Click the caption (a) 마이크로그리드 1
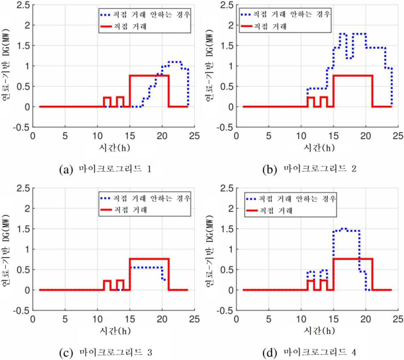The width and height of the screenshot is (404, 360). [x=105, y=169]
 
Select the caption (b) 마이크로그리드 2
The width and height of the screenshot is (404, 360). [x=309, y=169]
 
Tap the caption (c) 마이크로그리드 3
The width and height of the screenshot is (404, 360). [x=105, y=352]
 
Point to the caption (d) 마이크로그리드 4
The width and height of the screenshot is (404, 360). [x=309, y=352]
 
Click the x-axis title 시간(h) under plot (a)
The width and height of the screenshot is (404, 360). [x=115, y=148]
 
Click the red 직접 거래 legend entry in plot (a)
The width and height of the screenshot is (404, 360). [x=123, y=26]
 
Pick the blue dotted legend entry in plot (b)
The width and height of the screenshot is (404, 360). [x=285, y=14]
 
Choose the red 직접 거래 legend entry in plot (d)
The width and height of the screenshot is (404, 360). [x=269, y=210]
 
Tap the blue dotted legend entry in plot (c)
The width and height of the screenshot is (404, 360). [x=145, y=198]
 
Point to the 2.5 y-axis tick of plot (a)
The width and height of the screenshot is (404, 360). [x=23, y=5]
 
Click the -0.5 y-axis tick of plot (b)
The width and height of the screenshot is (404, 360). [x=225, y=128]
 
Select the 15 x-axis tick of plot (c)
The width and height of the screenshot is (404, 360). [x=130, y=319]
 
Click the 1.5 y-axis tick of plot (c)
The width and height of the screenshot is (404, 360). [x=23, y=229]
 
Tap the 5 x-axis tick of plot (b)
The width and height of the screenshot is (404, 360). [x=268, y=136]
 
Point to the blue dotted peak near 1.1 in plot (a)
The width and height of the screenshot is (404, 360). [x=175, y=62]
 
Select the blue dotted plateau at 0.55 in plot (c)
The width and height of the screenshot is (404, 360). [x=146, y=267]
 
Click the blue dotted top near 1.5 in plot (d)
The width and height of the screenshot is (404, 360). [x=346, y=230]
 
